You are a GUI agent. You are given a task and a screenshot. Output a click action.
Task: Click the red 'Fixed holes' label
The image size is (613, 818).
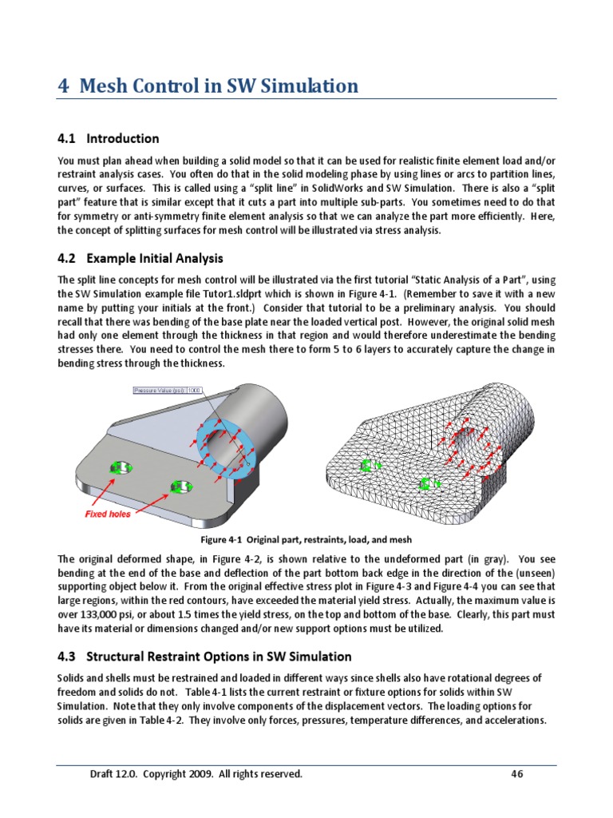[x=108, y=514]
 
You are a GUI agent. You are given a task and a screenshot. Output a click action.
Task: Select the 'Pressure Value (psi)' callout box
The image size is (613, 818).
[x=168, y=391]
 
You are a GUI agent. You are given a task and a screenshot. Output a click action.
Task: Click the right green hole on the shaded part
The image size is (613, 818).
[x=179, y=486]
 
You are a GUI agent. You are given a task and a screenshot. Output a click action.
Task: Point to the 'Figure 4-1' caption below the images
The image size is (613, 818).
[x=306, y=540]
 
